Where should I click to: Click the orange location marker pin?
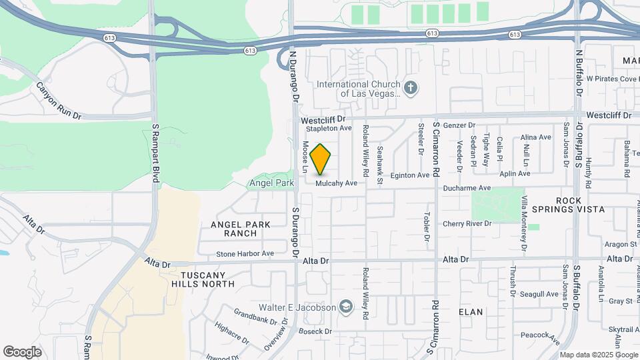click(x=321, y=159)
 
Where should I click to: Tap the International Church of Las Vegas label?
click(x=358, y=89)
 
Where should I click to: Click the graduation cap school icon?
click(x=345, y=307)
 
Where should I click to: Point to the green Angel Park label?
click(x=270, y=183)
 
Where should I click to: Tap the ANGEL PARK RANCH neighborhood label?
click(x=241, y=229)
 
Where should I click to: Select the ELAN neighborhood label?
click(x=471, y=311)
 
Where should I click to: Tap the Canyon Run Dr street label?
click(x=58, y=101)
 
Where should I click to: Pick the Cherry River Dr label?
click(x=467, y=223)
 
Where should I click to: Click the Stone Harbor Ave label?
click(x=245, y=253)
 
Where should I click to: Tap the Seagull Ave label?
click(x=539, y=294)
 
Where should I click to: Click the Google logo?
click(x=22, y=351)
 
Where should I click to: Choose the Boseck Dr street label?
click(x=316, y=331)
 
